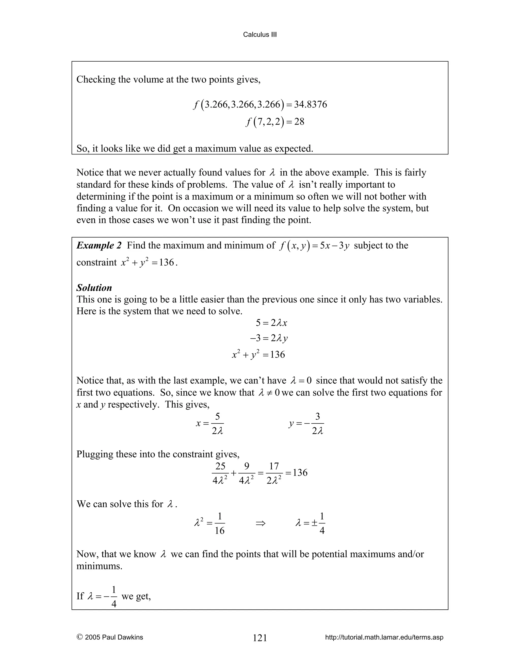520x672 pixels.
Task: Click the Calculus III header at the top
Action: (x=260, y=34)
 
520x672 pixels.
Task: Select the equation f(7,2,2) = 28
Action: (x=275, y=122)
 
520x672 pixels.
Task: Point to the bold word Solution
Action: (x=94, y=288)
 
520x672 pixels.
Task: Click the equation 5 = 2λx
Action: (x=271, y=323)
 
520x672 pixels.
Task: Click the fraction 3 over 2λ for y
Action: (x=317, y=424)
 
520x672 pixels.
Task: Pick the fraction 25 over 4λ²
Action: (x=220, y=473)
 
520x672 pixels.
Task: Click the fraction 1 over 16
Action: (x=219, y=523)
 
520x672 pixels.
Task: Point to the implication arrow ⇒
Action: (x=260, y=523)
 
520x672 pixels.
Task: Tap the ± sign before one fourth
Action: (x=314, y=523)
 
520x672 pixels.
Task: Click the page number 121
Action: (x=260, y=638)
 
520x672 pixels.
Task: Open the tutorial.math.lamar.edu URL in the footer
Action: (x=384, y=637)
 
